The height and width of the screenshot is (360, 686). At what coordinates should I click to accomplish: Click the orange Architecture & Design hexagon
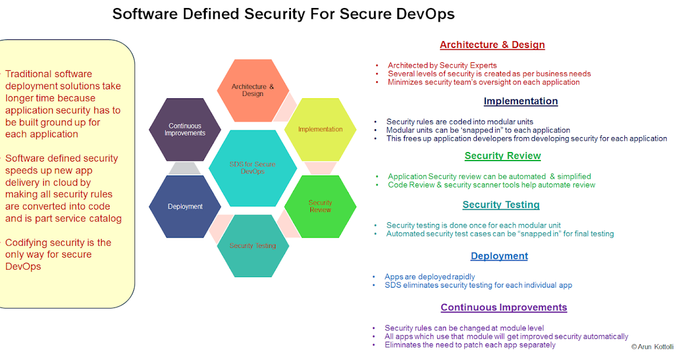point(253,90)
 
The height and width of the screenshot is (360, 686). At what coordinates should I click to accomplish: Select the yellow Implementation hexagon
point(320,129)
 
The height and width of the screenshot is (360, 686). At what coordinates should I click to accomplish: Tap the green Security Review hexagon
point(320,206)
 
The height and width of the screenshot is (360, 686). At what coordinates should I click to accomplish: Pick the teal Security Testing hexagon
point(253,246)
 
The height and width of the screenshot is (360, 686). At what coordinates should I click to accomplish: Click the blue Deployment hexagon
point(185,206)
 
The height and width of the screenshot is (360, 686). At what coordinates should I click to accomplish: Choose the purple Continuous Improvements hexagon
point(185,129)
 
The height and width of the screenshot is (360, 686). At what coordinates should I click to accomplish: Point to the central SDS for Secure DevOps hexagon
point(253,168)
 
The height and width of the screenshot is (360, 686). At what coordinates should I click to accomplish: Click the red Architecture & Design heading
point(492,45)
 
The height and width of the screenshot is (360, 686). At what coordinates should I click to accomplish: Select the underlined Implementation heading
point(520,101)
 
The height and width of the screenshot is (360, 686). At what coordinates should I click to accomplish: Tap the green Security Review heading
point(502,156)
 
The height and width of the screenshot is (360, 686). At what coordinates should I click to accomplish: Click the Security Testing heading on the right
point(501,205)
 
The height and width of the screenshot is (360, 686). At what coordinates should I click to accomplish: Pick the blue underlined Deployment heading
point(499,256)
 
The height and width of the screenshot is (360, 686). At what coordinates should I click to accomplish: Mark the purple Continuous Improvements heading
point(504,307)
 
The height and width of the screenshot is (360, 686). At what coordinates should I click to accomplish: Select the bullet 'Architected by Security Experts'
point(442,65)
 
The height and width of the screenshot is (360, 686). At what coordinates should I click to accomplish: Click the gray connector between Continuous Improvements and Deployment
point(185,168)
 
